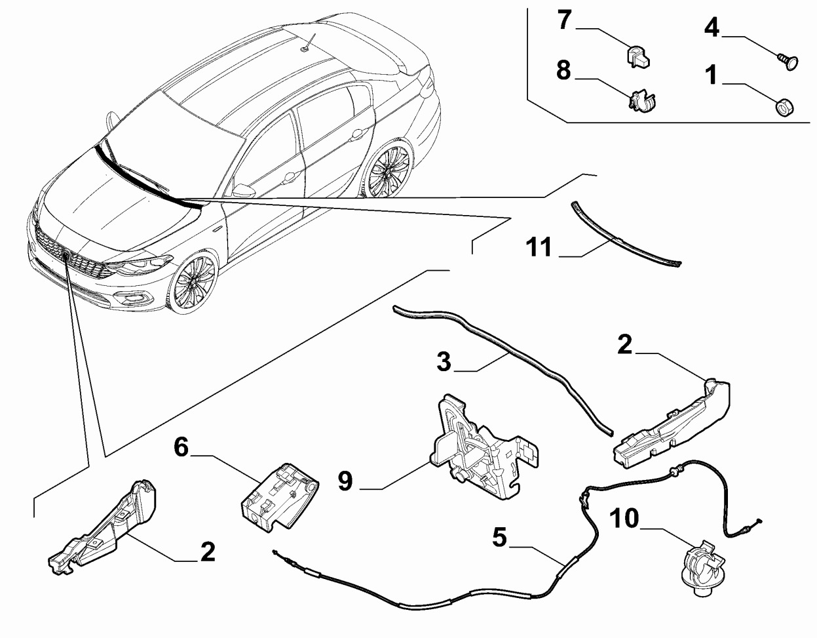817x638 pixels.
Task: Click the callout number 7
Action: pyautogui.click(x=564, y=20)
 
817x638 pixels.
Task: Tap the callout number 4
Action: pyautogui.click(x=712, y=28)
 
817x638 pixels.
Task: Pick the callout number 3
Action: pyautogui.click(x=444, y=361)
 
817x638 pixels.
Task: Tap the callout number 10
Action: pyautogui.click(x=624, y=519)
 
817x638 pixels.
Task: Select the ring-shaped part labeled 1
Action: pyautogui.click(x=784, y=106)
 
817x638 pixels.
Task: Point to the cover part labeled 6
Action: pyautogui.click(x=278, y=496)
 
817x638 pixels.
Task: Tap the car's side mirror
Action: pyautogui.click(x=244, y=191)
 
